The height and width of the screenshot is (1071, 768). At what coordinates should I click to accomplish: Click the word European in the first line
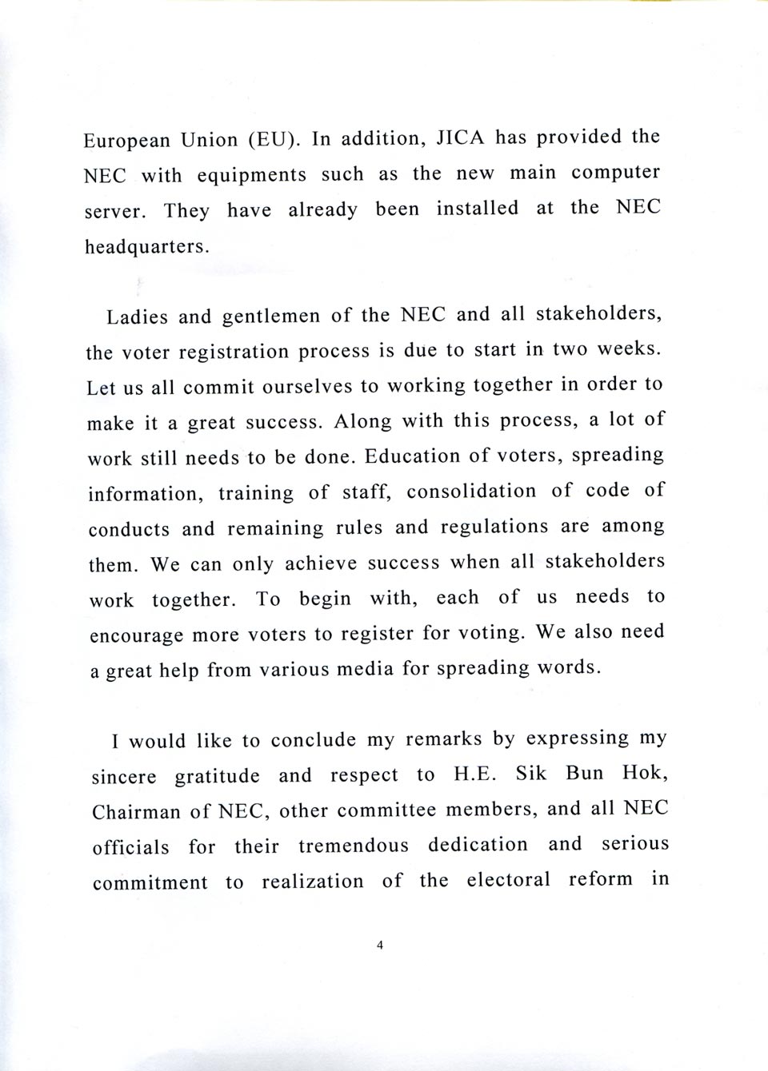(127, 141)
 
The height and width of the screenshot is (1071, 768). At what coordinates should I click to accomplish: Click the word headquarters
(146, 246)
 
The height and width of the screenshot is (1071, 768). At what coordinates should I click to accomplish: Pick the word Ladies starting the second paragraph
(137, 317)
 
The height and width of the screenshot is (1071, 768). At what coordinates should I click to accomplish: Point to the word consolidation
(471, 491)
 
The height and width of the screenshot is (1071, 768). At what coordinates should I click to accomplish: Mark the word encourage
(136, 636)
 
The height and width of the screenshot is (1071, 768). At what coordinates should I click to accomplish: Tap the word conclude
(314, 740)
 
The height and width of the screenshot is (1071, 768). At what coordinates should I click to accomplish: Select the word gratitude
(217, 776)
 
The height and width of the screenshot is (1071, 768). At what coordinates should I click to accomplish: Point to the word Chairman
(136, 812)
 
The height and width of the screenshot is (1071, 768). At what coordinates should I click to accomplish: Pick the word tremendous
(353, 846)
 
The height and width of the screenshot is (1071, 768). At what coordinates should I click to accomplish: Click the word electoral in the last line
(508, 881)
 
